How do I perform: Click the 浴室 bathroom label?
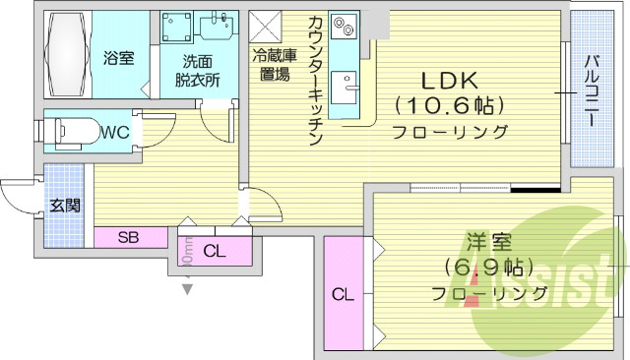coord(119,58)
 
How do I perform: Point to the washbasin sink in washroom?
coord(218,30)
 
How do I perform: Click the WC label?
coord(114,130)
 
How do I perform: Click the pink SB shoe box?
coord(129,237)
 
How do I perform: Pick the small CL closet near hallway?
coord(214,252)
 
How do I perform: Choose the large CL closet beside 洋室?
coord(343,293)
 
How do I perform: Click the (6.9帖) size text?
coord(488,268)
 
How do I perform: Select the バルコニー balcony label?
coord(591,88)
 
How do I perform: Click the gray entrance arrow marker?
coord(187,288)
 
